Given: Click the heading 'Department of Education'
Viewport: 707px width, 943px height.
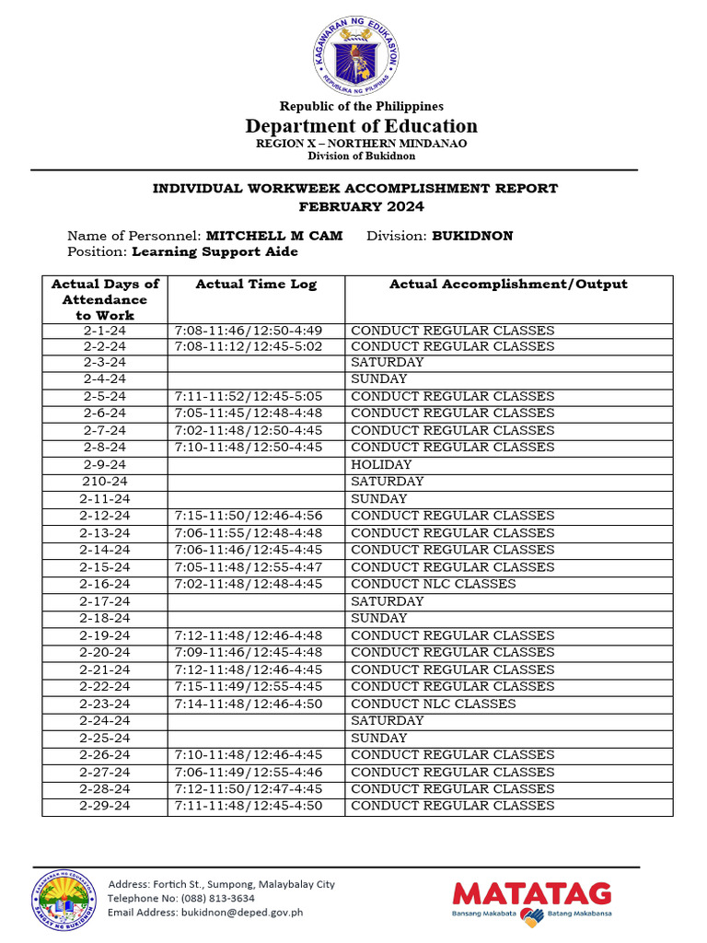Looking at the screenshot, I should point(361,126).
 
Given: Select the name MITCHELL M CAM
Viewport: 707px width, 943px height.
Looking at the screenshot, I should point(273,236).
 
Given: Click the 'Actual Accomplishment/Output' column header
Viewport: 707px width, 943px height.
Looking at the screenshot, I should point(508,285).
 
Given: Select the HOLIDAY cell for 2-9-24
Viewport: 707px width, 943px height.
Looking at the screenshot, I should point(381,465).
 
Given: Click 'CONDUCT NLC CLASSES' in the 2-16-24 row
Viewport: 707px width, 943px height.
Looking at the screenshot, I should point(433,584).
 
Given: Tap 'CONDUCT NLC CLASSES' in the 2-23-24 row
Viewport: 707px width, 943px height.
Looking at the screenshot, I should point(433,704).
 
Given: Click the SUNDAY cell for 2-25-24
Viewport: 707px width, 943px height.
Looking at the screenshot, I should point(378,738).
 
